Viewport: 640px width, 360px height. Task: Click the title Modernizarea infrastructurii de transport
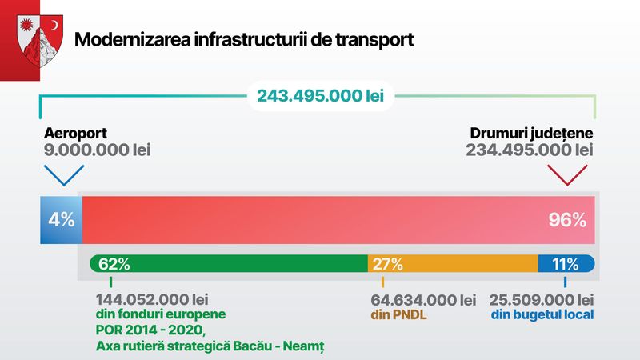[244, 39]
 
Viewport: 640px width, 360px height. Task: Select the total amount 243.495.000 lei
[320, 97]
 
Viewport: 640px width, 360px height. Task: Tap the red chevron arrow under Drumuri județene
[567, 174]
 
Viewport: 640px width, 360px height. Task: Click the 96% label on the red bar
[568, 219]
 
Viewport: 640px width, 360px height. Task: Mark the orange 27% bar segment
[452, 264]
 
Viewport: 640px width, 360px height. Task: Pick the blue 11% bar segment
[566, 264]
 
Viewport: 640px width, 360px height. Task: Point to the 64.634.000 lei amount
[423, 300]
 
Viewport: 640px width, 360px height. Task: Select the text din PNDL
[398, 315]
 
